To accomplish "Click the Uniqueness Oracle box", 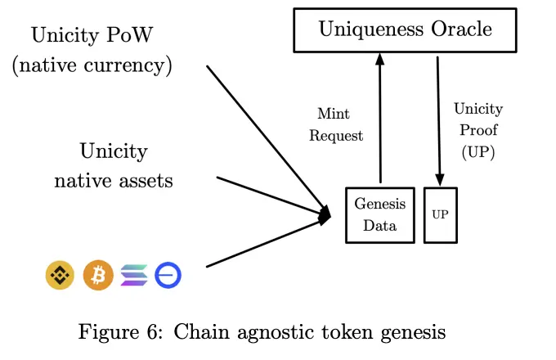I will pyautogui.click(x=406, y=31).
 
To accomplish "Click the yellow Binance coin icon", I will pyautogui.click(x=60, y=276).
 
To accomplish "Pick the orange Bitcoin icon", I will pyautogui.click(x=98, y=276).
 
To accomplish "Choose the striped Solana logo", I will pyautogui.click(x=134, y=276).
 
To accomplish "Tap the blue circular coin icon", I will pyautogui.click(x=168, y=276).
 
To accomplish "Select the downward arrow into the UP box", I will pyautogui.click(x=440, y=123).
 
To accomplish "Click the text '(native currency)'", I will pyautogui.click(x=92, y=65).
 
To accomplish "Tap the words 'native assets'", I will pyautogui.click(x=114, y=180).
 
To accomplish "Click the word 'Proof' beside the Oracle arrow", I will pyautogui.click(x=478, y=130).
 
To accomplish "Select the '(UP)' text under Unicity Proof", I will pyautogui.click(x=478, y=151).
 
